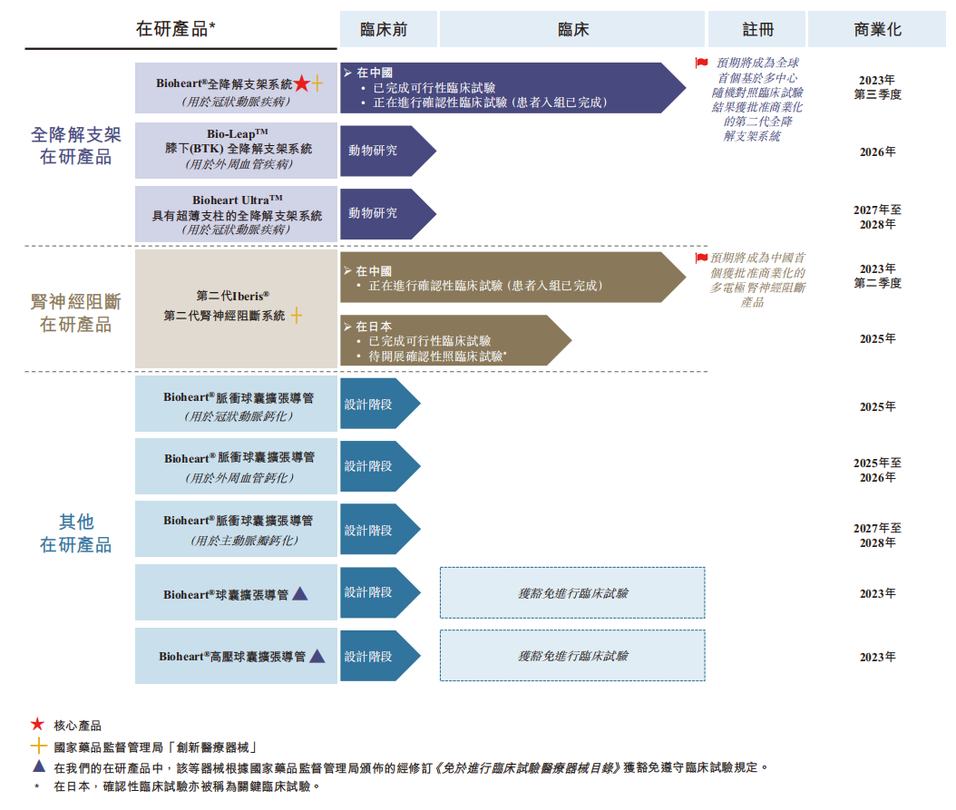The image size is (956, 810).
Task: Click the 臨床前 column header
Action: click(384, 29)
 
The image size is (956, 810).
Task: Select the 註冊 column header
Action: click(757, 29)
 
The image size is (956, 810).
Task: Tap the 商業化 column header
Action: click(877, 29)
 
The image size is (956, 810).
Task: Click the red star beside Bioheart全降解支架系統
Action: click(301, 83)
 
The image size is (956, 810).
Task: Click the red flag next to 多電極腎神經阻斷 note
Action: click(701, 258)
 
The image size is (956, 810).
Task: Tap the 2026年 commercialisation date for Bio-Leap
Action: click(877, 151)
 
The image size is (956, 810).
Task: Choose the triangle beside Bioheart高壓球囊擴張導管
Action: click(317, 656)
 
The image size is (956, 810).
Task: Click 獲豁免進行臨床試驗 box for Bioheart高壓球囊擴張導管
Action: click(572, 656)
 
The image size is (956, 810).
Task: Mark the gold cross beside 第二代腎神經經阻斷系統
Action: click(295, 316)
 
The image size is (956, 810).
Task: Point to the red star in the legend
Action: click(37, 725)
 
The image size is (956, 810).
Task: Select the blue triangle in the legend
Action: click(37, 766)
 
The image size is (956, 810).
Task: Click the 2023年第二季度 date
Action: click(877, 276)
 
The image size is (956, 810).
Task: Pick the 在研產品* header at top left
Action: click(176, 28)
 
